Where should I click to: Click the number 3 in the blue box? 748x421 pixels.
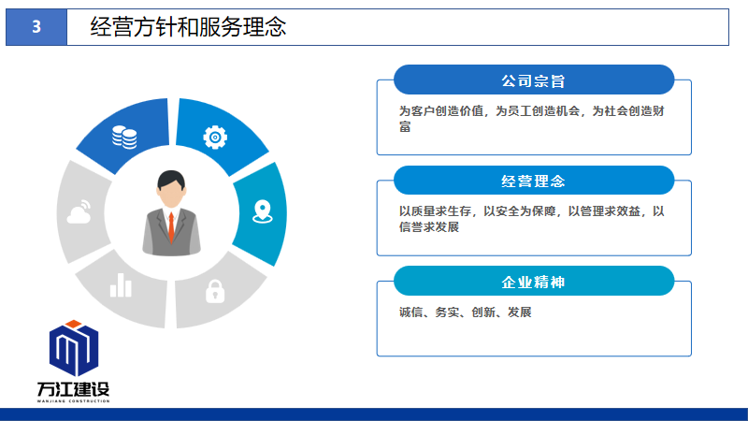point(36,27)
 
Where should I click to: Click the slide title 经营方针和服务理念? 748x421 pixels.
point(189,27)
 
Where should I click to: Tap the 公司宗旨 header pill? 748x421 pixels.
point(534,80)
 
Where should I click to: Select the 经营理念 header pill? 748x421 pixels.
point(534,181)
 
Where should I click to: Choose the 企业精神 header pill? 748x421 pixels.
point(534,282)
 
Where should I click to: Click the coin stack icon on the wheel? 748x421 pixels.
point(124,138)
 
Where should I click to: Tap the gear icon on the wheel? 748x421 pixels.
point(215,138)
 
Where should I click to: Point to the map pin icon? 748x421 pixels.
point(263,212)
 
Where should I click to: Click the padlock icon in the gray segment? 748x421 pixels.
point(215,291)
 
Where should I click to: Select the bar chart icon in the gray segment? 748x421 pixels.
point(121,285)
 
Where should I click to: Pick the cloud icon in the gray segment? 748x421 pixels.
point(79,212)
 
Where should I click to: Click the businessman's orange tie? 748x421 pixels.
point(171,227)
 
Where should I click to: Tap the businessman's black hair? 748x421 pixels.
point(171,180)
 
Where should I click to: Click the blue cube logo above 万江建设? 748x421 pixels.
point(74,348)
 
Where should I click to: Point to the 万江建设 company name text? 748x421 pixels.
point(74,389)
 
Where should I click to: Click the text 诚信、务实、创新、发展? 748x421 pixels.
point(465,312)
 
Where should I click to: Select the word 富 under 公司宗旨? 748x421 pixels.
point(405,127)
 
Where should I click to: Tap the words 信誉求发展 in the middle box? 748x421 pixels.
point(429,227)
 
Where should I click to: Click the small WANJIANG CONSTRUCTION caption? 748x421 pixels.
point(74,401)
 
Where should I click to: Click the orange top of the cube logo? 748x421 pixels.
point(74,324)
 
